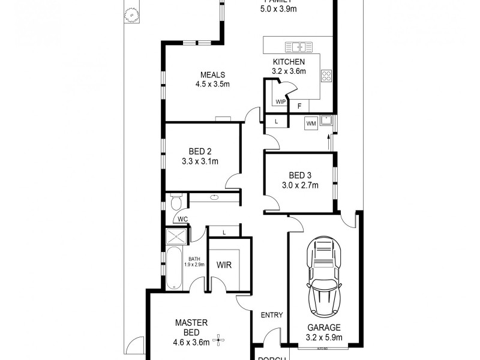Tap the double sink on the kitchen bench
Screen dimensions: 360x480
coord(295,47)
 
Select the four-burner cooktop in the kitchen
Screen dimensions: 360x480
coord(327,76)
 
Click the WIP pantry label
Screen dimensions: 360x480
coord(281,103)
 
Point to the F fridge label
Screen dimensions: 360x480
coord(299,106)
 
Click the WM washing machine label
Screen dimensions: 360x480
coord(311,124)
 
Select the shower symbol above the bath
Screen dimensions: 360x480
coord(177,235)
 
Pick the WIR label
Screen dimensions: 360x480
coord(224,265)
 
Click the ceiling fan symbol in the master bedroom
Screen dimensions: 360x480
coord(220,340)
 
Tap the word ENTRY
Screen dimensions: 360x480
coord(271,316)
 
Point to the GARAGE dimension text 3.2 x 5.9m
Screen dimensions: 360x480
coord(324,337)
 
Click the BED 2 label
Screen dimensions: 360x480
coord(200,152)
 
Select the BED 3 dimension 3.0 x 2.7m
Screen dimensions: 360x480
coord(299,185)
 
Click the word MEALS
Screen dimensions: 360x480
coord(212,75)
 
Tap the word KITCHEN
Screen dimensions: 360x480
coord(289,62)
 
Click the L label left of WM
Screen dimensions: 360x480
coord(276,122)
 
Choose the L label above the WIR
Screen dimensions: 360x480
coord(224,232)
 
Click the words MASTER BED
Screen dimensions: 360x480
coord(191,328)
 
